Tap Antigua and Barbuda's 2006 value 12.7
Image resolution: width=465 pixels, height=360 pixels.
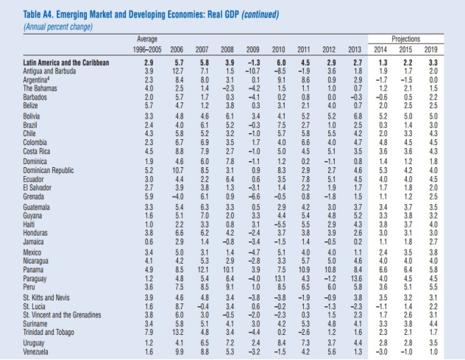click(x=179, y=71)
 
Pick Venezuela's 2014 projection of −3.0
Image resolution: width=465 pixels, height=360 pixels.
click(x=380, y=352)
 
